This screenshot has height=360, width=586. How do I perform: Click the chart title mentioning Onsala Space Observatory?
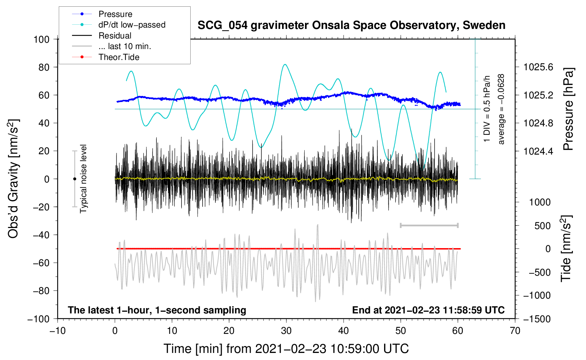pos(351,25)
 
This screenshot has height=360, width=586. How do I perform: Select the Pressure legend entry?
pos(115,14)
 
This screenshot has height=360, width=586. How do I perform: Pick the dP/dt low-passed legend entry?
pos(132,25)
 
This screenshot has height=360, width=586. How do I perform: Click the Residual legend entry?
pos(115,36)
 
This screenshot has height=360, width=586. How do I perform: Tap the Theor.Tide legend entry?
pos(119,57)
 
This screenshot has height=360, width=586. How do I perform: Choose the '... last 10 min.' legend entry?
pos(125,46)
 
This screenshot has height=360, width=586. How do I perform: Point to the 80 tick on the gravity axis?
pos(41,67)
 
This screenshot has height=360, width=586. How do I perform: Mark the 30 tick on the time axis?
pos(286,331)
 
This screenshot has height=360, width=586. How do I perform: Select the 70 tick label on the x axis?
pos(515,331)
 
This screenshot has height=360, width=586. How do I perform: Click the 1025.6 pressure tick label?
pos(538,67)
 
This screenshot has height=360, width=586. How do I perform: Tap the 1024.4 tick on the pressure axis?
pos(538,151)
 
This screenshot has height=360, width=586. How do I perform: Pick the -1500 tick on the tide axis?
pos(537,319)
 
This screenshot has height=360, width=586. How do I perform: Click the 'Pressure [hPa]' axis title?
pos(568,109)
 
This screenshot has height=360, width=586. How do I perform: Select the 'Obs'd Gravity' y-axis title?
pos(13,179)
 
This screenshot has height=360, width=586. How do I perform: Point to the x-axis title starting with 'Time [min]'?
pos(286,349)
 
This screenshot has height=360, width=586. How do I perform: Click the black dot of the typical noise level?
pos(74,179)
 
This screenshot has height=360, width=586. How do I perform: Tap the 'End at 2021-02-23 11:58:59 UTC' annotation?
pos(428,310)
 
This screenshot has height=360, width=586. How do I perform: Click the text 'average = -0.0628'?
pos(501,109)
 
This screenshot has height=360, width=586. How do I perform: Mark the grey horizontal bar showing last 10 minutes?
pos(429,226)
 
